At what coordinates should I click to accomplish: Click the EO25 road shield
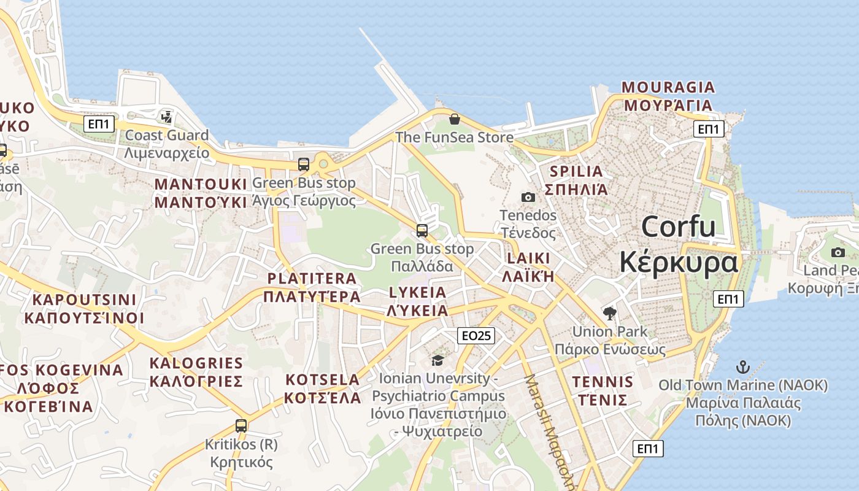(476, 335)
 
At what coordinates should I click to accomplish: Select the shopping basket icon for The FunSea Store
(454, 118)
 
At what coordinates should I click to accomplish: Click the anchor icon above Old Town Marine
(743, 368)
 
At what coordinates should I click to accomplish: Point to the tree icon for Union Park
(609, 314)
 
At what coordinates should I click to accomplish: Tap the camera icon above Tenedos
(528, 197)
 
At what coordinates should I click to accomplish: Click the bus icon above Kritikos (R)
(241, 425)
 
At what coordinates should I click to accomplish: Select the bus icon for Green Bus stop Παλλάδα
(422, 231)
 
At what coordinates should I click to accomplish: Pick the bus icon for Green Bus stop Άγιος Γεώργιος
(304, 164)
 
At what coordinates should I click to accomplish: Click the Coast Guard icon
(166, 117)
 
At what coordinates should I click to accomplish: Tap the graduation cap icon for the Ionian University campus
(437, 360)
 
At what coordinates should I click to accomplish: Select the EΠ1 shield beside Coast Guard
(99, 125)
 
